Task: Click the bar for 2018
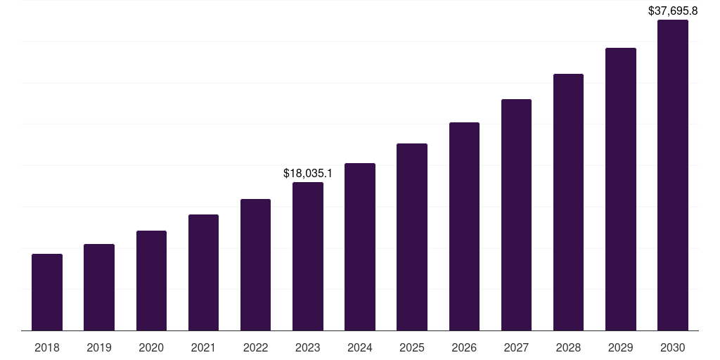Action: point(47,292)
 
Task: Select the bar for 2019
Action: point(99,287)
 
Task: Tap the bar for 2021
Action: point(203,272)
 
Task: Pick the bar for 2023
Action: point(308,256)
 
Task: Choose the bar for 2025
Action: point(412,237)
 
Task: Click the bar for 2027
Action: point(516,214)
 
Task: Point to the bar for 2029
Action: point(621,189)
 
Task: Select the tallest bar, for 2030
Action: point(673,175)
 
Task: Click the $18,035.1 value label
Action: point(308,173)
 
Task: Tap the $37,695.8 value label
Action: point(673,11)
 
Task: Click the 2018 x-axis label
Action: point(47,347)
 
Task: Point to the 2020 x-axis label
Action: point(151,347)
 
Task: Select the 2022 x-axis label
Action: point(255,347)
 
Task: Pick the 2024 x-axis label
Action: point(360,347)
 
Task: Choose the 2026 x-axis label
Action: point(464,347)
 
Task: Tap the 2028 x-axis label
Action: point(568,347)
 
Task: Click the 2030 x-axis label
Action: point(673,347)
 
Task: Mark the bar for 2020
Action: point(151,281)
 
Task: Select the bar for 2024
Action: point(360,247)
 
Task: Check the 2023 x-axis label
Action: point(308,347)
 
